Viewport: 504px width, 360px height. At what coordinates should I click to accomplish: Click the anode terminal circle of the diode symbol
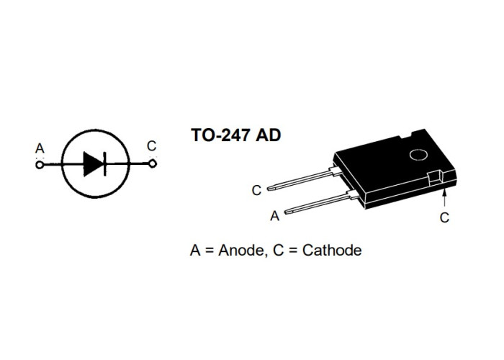pos(40,165)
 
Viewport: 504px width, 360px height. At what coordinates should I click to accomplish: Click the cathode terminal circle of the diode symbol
pos(153,164)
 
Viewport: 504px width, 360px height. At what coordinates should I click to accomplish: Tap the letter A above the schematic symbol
pos(40,148)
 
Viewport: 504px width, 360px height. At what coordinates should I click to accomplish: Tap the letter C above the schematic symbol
pos(151,146)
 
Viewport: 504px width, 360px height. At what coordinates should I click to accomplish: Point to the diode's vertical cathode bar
pos(105,164)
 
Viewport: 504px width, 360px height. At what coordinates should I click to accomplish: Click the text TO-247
pos(220,135)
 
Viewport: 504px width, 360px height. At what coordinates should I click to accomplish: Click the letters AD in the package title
pos(269,135)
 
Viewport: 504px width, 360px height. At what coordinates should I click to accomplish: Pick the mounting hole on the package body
pos(418,156)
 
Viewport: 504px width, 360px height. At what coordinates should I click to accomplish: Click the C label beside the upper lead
pos(256,191)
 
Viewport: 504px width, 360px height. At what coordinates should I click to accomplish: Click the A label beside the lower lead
pos(275,216)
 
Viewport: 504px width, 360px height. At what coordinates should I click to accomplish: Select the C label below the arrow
pos(444,218)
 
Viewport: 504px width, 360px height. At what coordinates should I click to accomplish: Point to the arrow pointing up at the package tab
pos(444,198)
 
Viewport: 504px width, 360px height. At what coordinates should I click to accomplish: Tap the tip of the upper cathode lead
pos(269,189)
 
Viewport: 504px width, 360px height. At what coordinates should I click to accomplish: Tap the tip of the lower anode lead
pos(286,212)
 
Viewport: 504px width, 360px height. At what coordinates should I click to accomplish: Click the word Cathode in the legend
pos(332,250)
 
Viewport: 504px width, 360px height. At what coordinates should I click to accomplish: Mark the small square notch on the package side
pos(435,179)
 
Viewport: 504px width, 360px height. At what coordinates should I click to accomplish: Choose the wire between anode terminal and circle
pos(53,165)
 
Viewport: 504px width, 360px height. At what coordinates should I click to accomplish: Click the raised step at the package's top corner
pos(418,132)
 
